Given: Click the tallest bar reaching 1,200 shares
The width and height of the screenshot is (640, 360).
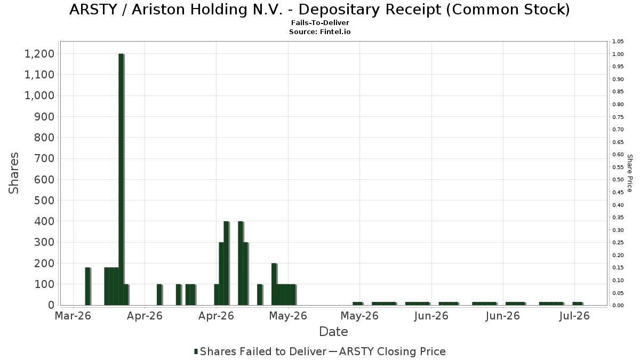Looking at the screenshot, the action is tap(121, 179).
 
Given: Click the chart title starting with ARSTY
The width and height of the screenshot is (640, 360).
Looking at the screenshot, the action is tap(319, 10).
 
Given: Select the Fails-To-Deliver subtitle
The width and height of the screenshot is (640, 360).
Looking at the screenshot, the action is tap(320, 23).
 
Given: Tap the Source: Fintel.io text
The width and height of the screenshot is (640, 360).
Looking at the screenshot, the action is tap(319, 31).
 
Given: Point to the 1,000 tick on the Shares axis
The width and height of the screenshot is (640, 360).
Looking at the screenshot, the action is tap(39, 95).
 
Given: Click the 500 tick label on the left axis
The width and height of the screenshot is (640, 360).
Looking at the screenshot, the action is tap(44, 201).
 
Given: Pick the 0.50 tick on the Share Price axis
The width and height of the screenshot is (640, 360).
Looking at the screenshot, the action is tap(618, 179).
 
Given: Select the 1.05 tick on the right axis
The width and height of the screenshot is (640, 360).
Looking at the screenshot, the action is tap(618, 42).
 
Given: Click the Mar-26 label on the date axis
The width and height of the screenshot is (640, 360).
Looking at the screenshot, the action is tap(73, 316).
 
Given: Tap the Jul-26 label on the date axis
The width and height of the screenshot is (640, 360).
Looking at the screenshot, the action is tap(574, 316).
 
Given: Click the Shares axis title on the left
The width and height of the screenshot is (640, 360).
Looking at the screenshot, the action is tap(13, 173).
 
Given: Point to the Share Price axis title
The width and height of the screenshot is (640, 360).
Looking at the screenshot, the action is tap(629, 173).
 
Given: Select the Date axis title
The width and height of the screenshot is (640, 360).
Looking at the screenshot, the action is tap(333, 332).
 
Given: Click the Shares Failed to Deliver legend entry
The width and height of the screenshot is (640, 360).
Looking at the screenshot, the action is tap(263, 351).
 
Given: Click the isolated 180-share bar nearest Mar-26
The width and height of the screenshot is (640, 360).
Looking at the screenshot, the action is tap(87, 286).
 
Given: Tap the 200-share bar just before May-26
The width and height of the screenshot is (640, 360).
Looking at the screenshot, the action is tap(274, 284).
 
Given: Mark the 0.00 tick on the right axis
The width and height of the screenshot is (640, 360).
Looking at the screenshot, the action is tap(618, 306).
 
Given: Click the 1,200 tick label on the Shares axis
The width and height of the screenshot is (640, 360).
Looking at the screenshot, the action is tap(39, 54).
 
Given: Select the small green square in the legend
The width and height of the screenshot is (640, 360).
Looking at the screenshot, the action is tap(196, 351).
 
